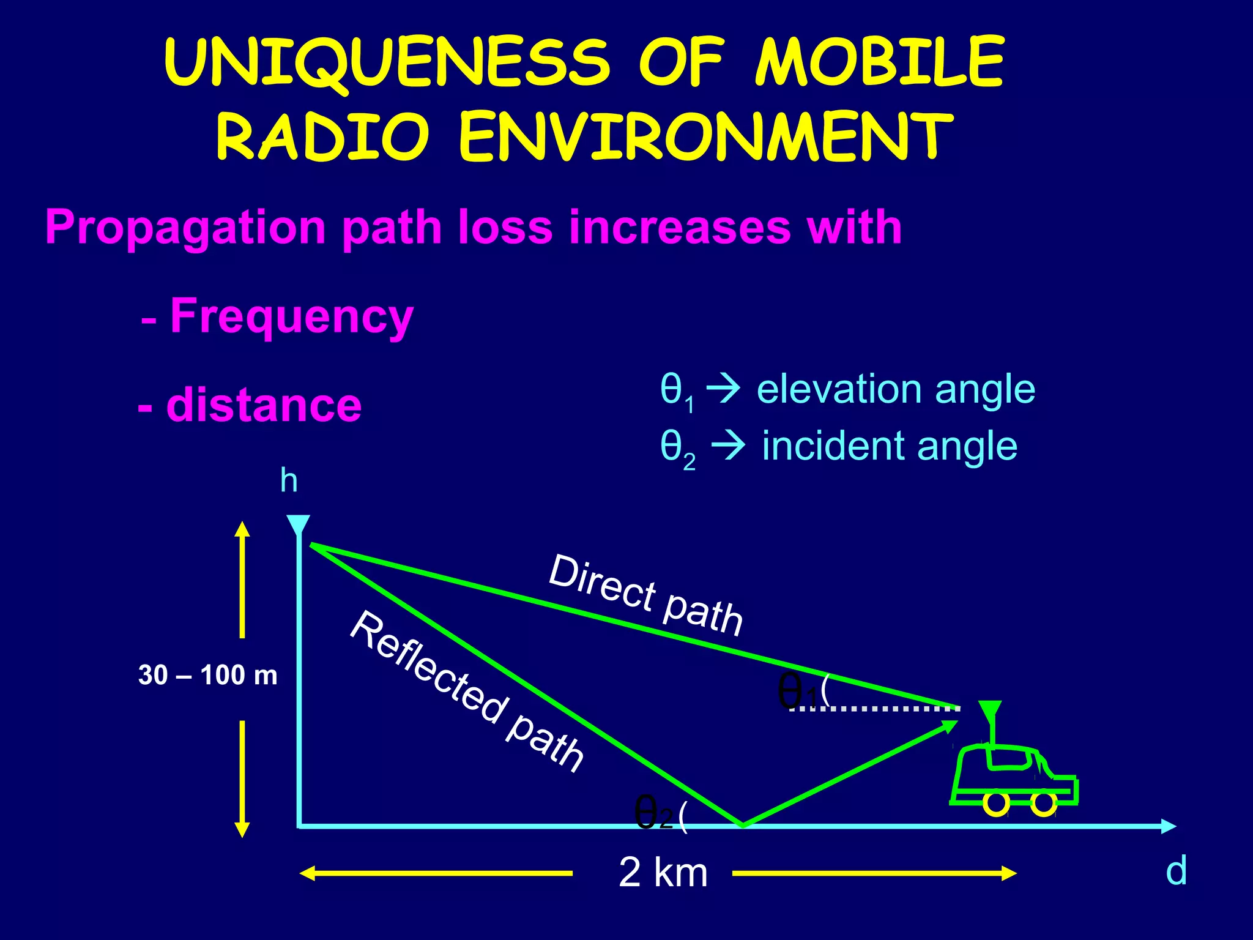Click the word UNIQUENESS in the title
pos(387,62)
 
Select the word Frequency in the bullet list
pos(291,316)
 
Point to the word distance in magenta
pos(264,406)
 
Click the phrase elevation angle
pos(896,390)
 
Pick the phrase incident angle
pos(890,446)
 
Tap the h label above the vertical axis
pos(289,481)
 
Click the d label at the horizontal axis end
pos(1176,870)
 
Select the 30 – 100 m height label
pos(208,676)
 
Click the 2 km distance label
pos(663,872)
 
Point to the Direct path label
pos(645,595)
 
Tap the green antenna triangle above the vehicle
pos(989,711)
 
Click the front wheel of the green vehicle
pos(1044,804)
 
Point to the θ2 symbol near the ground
pos(654,813)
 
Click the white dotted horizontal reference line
pos(875,709)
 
